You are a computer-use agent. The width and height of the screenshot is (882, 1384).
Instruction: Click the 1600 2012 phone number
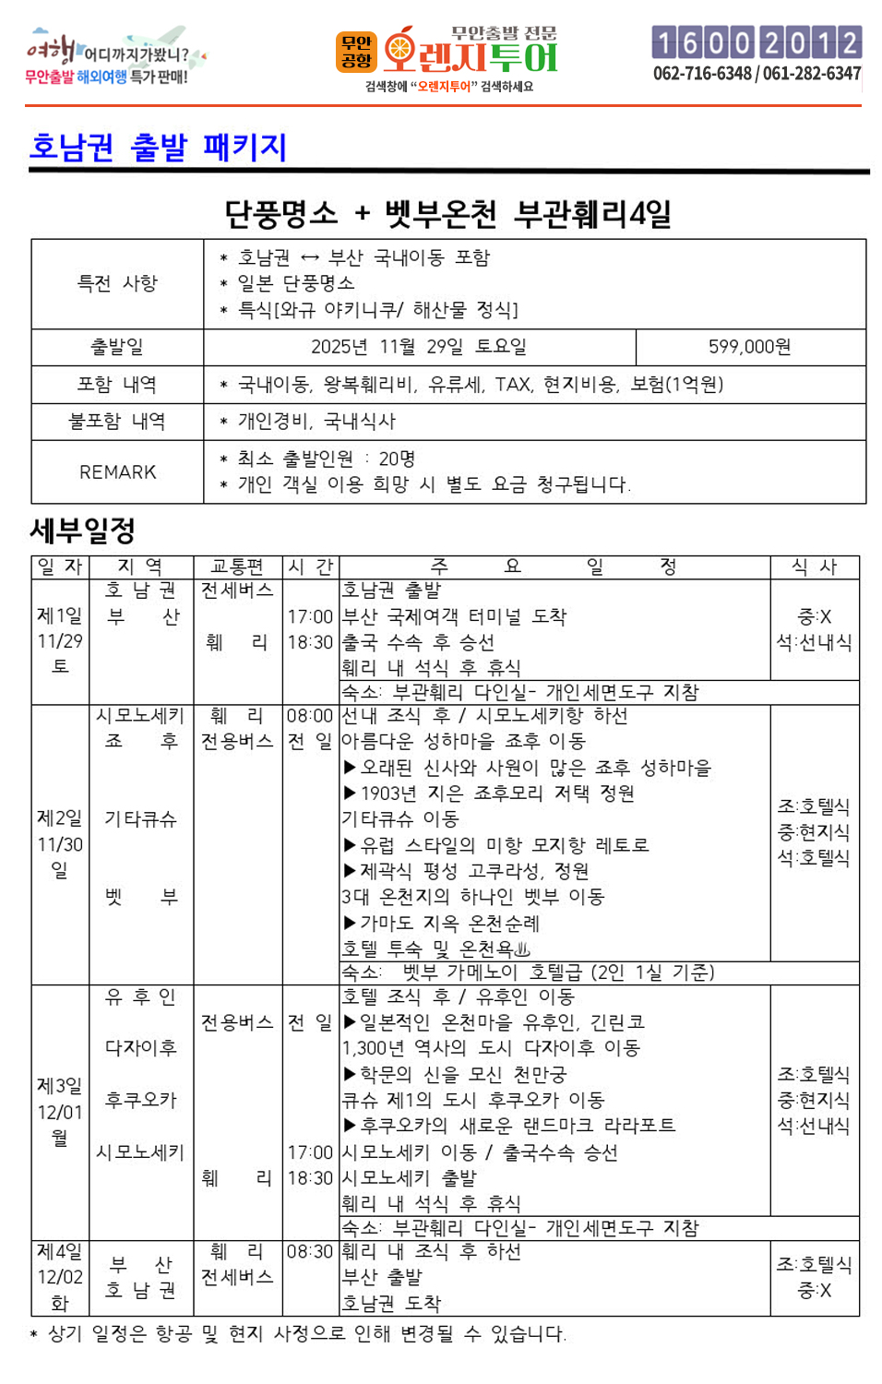coord(757,42)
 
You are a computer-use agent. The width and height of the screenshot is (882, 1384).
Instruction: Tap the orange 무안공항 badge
coord(356,52)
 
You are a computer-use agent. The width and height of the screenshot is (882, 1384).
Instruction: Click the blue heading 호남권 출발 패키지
coord(159,148)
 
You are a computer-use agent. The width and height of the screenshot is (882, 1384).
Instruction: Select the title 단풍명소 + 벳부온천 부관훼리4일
coord(448,214)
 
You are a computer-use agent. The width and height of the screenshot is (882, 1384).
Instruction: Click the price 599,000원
coord(749,347)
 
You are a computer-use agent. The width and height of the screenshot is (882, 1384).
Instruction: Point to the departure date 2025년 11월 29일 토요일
coord(419,347)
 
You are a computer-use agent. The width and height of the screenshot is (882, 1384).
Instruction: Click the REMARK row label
coord(117,472)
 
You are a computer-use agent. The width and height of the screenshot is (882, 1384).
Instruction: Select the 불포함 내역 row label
coord(117,422)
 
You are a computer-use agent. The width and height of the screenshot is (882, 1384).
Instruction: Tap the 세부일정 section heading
coord(83,531)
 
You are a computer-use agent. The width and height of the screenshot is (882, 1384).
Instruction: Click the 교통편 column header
coord(237,567)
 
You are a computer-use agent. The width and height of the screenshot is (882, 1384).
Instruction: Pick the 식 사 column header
coord(814,567)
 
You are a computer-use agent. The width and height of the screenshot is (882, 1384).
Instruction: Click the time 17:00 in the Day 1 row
coord(310,616)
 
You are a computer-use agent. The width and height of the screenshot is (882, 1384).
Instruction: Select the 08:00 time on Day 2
coord(310,716)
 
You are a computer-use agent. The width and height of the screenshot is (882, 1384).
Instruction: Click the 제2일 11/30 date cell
coord(60,843)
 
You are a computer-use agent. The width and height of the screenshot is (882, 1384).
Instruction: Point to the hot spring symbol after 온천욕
coord(522,949)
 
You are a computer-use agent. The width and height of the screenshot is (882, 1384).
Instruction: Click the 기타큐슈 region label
coord(140,819)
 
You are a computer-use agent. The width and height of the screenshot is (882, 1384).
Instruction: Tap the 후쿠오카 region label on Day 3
coord(140,1100)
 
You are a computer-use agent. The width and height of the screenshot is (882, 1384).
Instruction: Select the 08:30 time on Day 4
coord(310,1252)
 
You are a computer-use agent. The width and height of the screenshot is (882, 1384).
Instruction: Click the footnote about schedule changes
coord(299,1334)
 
